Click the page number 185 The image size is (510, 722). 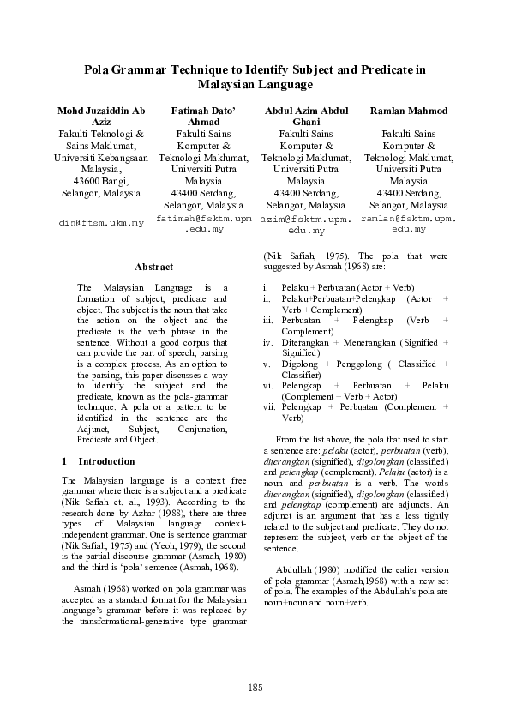click(x=255, y=688)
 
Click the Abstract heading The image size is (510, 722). click(x=153, y=267)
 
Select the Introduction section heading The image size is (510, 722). click(x=105, y=461)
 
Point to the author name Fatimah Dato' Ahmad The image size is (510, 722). click(x=203, y=117)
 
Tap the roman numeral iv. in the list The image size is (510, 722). click(x=267, y=342)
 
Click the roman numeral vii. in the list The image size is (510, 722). click(x=268, y=407)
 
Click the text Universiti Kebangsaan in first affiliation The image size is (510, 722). click(x=100, y=158)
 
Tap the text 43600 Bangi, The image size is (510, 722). click(x=100, y=181)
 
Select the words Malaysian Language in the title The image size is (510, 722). click(x=255, y=85)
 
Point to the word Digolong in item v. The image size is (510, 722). click(x=299, y=364)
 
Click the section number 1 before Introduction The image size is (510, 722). click(x=65, y=461)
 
